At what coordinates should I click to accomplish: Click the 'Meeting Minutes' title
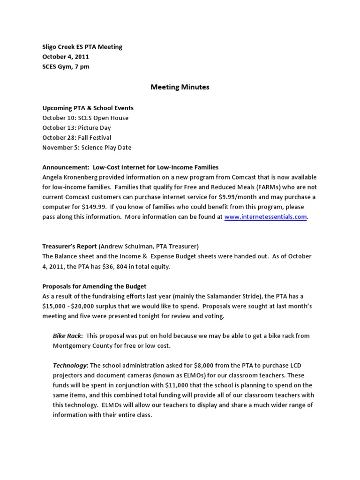point(180,87)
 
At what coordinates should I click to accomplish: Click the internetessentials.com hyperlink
point(266,217)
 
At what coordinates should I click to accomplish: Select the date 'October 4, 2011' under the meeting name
point(66,57)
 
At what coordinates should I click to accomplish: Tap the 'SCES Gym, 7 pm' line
point(66,67)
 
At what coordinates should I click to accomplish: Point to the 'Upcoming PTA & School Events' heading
point(88,108)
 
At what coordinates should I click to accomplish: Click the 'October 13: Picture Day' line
point(76,127)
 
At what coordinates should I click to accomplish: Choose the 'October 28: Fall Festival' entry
point(76,138)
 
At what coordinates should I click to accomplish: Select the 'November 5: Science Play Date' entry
point(87,148)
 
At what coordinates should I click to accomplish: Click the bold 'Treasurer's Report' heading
point(69,246)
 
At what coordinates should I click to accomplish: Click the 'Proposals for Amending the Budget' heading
point(94,286)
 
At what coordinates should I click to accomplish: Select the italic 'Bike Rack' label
point(67,336)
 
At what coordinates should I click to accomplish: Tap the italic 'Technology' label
point(70,365)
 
